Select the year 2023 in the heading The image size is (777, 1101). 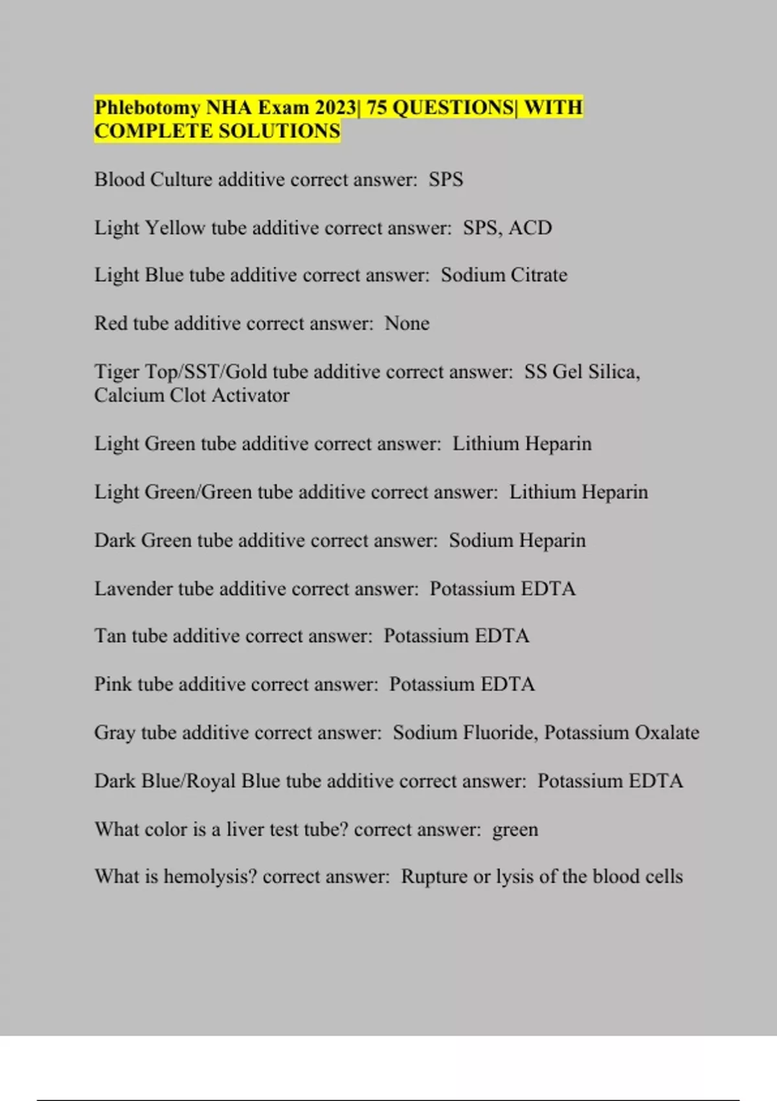[335, 107]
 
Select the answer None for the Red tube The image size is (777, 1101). [407, 323]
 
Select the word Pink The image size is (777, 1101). [113, 685]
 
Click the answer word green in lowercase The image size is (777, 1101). [515, 830]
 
